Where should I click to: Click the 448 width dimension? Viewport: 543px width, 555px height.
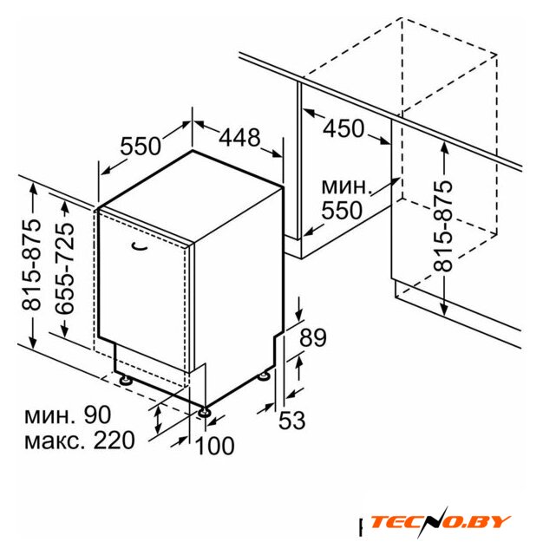[239, 137]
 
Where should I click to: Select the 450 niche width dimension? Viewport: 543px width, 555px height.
[343, 128]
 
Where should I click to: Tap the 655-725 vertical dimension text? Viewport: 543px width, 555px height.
[65, 268]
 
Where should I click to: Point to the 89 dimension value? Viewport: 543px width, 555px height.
[313, 337]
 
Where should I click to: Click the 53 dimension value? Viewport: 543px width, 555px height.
[291, 420]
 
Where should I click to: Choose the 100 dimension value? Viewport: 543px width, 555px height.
[214, 445]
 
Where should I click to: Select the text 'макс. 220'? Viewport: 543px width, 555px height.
[80, 441]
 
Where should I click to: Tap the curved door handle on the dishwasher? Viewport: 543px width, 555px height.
[139, 246]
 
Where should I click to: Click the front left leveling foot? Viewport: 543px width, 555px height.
[126, 380]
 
